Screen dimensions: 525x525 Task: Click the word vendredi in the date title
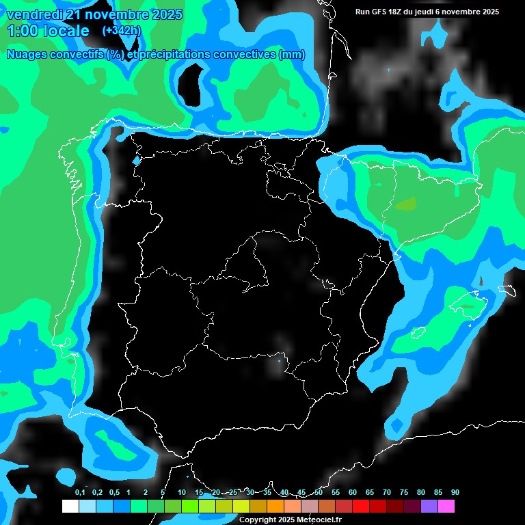35,14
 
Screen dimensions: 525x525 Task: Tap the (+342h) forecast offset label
121,30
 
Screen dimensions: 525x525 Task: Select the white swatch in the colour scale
70,507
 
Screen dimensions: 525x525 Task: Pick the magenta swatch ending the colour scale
446,507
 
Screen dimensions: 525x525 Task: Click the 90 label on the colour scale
455,492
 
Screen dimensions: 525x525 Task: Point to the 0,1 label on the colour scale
80,492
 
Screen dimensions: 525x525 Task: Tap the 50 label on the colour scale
319,492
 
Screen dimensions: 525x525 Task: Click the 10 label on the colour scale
181,492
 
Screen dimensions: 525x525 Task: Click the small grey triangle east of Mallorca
481,281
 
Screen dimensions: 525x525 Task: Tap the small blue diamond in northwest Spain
135,161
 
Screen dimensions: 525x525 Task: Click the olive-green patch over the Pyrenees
405,204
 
